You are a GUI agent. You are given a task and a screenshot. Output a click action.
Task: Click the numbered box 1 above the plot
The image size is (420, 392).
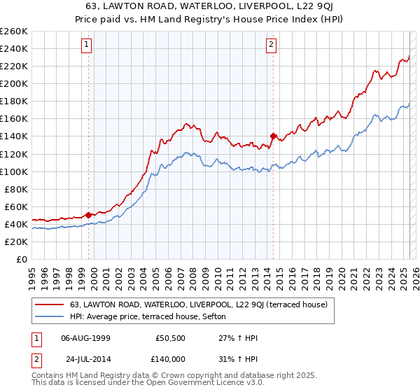click(87, 45)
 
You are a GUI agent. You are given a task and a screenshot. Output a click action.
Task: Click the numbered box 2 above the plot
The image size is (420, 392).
click(271, 45)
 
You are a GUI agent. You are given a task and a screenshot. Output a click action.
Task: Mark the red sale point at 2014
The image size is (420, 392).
click(274, 136)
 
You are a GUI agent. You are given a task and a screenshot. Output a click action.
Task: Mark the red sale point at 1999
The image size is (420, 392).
click(88, 215)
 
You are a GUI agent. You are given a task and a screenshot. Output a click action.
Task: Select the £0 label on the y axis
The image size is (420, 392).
click(21, 259)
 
